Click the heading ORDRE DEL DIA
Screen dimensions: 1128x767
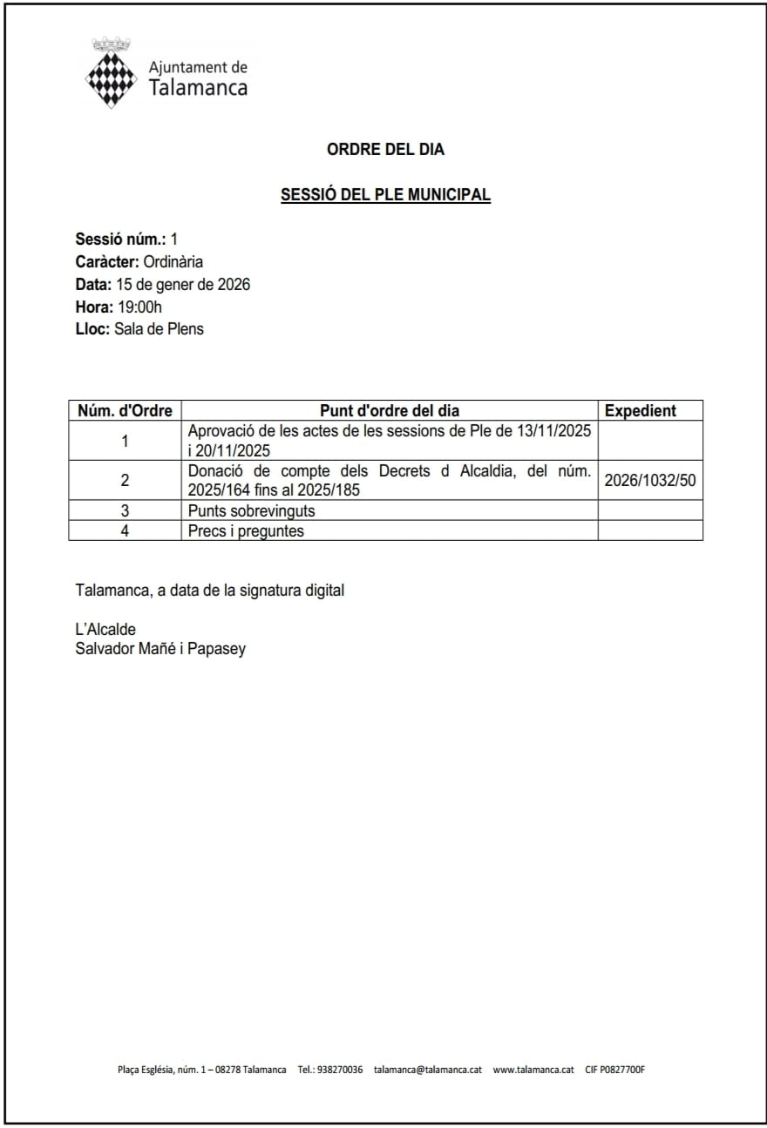(385, 149)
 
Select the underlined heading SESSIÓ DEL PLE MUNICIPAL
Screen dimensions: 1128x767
(385, 195)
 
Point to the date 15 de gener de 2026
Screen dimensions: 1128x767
(182, 284)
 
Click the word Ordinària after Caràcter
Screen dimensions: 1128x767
(173, 261)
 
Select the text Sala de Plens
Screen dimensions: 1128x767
(159, 329)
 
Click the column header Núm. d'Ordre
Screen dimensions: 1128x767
(125, 410)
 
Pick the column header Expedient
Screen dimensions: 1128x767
(640, 410)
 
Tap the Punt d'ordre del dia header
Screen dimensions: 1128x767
(389, 410)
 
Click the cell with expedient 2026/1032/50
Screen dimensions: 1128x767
(649, 480)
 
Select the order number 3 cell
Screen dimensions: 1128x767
(125, 510)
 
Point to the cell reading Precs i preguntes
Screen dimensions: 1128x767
(246, 530)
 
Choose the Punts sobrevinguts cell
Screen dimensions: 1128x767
(251, 510)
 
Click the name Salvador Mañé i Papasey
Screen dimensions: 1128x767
(160, 648)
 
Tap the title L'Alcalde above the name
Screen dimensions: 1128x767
(105, 629)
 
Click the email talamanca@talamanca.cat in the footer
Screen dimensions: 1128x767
(427, 1069)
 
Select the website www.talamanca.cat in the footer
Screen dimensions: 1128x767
(533, 1069)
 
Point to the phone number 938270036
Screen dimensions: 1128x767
(340, 1069)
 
